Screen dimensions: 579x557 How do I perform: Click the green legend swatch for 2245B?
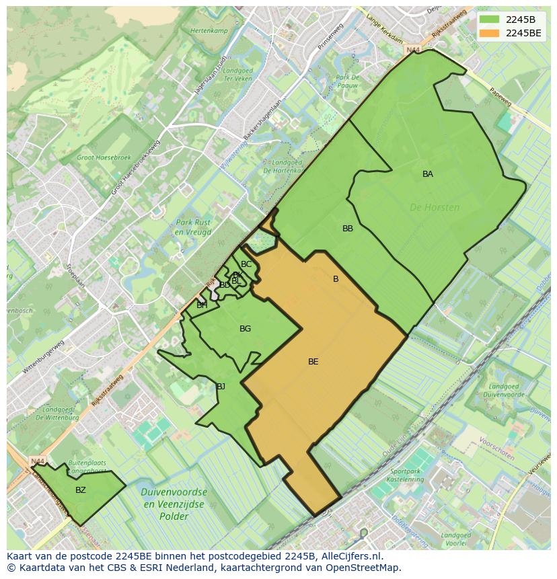point(490,19)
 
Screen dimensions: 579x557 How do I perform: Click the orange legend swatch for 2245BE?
point(490,32)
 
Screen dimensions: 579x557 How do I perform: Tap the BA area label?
point(428,174)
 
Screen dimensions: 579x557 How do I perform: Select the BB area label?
point(348,229)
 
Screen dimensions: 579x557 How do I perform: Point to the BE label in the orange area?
point(313,362)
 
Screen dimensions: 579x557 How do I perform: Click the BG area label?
point(245,329)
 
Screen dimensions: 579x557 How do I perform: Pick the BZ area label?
point(81,490)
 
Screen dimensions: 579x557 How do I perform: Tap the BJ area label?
point(221,386)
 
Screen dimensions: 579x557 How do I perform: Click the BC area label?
point(246,264)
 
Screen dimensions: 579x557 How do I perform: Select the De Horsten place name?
point(435,208)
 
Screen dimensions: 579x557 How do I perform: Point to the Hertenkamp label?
point(209,32)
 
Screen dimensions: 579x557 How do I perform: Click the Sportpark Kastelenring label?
point(407,475)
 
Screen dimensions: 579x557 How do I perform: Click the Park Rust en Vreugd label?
point(193,227)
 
